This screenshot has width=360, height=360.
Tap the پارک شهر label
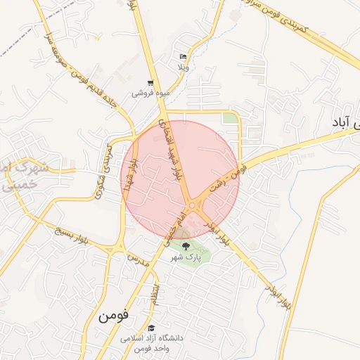click(x=186, y=258)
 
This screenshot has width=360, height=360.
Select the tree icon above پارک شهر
click(x=186, y=246)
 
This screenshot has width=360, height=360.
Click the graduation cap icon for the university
click(x=150, y=328)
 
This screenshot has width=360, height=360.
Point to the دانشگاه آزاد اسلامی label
click(x=151, y=338)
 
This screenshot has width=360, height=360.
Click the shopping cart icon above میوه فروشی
click(x=150, y=82)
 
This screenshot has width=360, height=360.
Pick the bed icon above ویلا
click(x=183, y=56)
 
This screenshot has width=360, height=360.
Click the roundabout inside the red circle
click(x=193, y=205)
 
